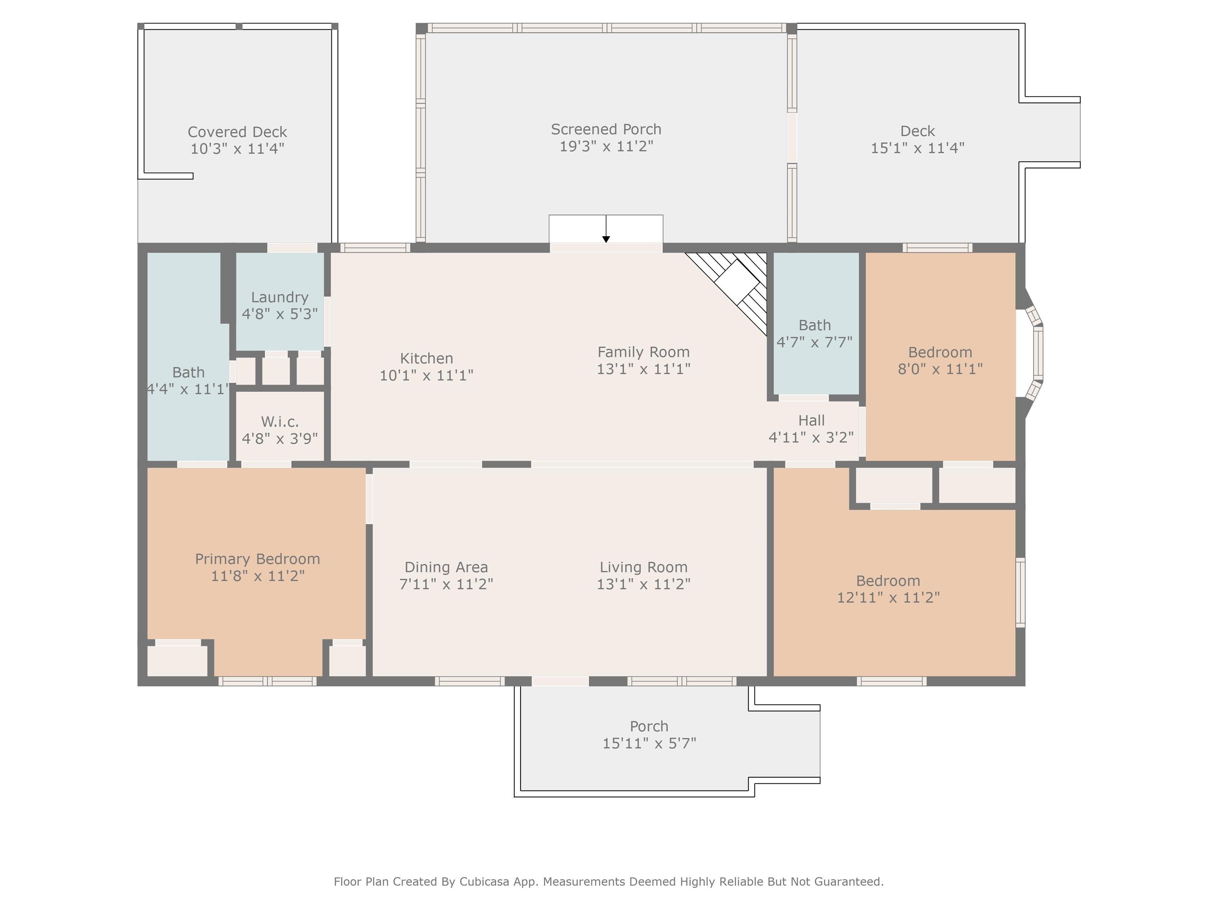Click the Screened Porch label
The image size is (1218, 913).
(606, 129)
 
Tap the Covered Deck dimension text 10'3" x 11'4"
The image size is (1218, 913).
(237, 149)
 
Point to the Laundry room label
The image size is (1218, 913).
(280, 297)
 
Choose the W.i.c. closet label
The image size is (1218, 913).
(280, 422)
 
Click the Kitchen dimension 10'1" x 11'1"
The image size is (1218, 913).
(426, 375)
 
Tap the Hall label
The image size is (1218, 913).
(811, 420)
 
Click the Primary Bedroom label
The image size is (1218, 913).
(257, 559)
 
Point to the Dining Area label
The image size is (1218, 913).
(446, 567)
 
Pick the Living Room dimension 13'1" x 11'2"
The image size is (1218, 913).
(643, 584)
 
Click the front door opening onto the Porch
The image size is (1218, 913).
(560, 681)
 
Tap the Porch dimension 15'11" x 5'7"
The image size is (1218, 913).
(649, 743)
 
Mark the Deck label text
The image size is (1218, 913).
(917, 131)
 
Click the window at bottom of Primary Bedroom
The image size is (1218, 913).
(267, 681)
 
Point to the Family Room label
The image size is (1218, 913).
(643, 352)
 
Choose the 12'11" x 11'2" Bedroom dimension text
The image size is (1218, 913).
(888, 598)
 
